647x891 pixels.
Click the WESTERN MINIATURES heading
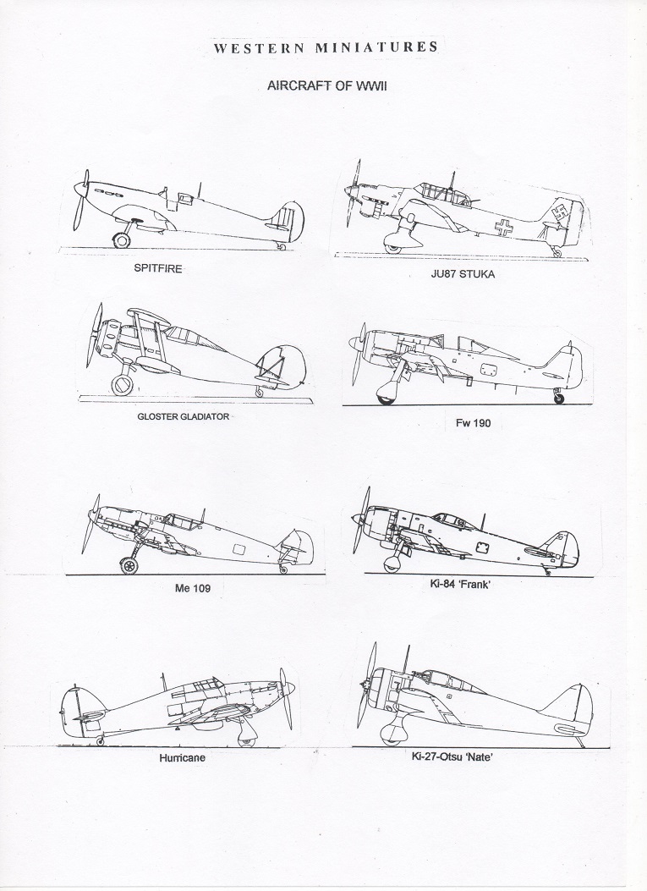pyautogui.click(x=326, y=47)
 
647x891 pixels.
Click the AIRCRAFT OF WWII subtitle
pyautogui.click(x=327, y=85)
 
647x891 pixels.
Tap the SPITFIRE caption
pyautogui.click(x=158, y=267)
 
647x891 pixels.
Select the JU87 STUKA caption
pyautogui.click(x=462, y=274)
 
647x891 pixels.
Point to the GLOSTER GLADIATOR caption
pyautogui.click(x=183, y=416)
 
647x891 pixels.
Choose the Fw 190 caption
pyautogui.click(x=473, y=423)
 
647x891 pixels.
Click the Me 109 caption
pyautogui.click(x=193, y=588)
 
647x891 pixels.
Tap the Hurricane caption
pyautogui.click(x=183, y=757)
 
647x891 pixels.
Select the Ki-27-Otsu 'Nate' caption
pyautogui.click(x=452, y=756)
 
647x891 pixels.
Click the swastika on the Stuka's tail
pyautogui.click(x=560, y=216)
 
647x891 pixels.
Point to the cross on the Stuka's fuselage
pyautogui.click(x=503, y=228)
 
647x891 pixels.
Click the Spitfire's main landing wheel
pyautogui.click(x=121, y=239)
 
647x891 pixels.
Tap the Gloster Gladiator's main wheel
pyautogui.click(x=122, y=385)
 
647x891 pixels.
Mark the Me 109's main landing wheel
pyautogui.click(x=129, y=566)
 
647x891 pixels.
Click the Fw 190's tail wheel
pyautogui.click(x=560, y=398)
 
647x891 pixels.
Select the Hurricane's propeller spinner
pyautogui.click(x=288, y=689)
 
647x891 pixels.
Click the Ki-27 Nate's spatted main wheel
pyautogui.click(x=392, y=734)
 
